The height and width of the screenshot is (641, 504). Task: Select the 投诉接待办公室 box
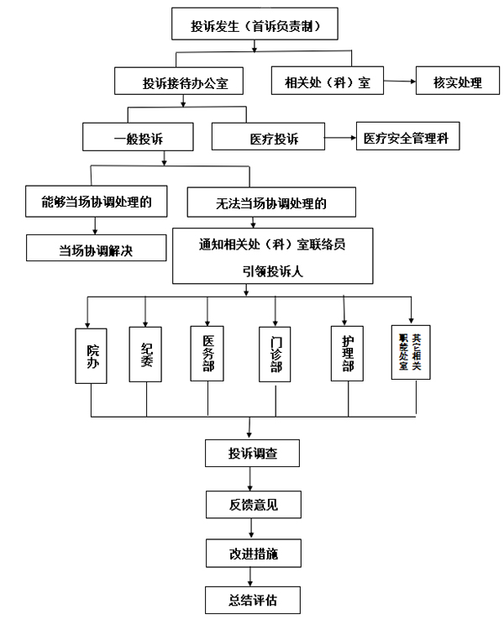pos(181,83)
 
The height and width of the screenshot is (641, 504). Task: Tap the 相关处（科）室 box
pos(327,82)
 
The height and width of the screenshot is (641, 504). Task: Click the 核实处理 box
pos(459,82)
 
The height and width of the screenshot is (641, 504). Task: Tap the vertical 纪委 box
pos(146,355)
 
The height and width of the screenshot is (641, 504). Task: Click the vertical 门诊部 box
pos(276,355)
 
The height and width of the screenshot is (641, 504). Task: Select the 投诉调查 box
pos(252,454)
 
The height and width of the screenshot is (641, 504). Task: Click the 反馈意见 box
pos(252,504)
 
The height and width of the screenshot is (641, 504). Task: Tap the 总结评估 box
pos(252,601)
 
